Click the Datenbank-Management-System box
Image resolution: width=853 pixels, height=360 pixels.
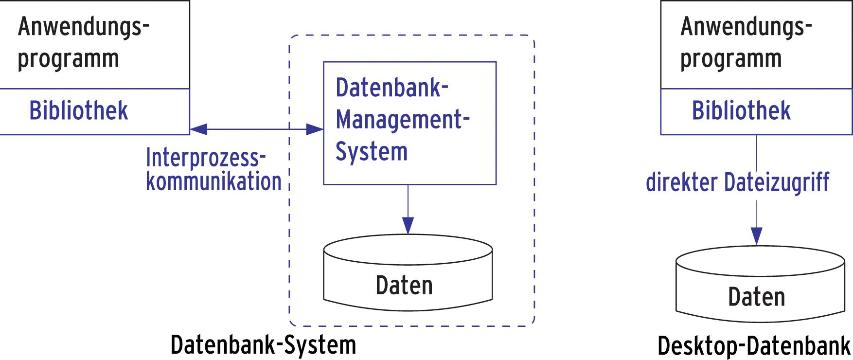pyautogui.click(x=409, y=123)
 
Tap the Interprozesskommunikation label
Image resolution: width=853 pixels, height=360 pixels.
pyautogui.click(x=213, y=169)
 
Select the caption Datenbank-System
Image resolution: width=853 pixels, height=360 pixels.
pyautogui.click(x=263, y=344)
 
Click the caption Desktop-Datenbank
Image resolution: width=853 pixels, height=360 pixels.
pyautogui.click(x=754, y=346)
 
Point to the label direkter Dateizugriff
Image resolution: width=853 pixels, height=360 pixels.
pyautogui.click(x=737, y=182)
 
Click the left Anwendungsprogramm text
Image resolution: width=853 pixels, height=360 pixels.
pyautogui.click(x=83, y=43)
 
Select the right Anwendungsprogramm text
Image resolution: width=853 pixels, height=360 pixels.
pyautogui.click(x=745, y=43)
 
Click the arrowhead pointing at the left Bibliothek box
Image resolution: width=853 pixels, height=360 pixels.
pyautogui.click(x=198, y=129)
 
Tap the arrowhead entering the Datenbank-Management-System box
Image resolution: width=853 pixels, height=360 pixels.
pyautogui.click(x=315, y=129)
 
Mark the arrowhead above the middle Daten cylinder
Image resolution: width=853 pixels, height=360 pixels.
pyautogui.click(x=408, y=225)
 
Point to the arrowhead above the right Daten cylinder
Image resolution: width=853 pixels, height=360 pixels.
pyautogui.click(x=756, y=236)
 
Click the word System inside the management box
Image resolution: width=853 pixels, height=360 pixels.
pyautogui.click(x=372, y=151)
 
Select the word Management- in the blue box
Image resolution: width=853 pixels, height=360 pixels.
pyautogui.click(x=402, y=120)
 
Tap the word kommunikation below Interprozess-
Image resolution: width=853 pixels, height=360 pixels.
pyautogui.click(x=213, y=181)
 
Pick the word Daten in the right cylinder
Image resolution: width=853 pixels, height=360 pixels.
pyautogui.click(x=756, y=297)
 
